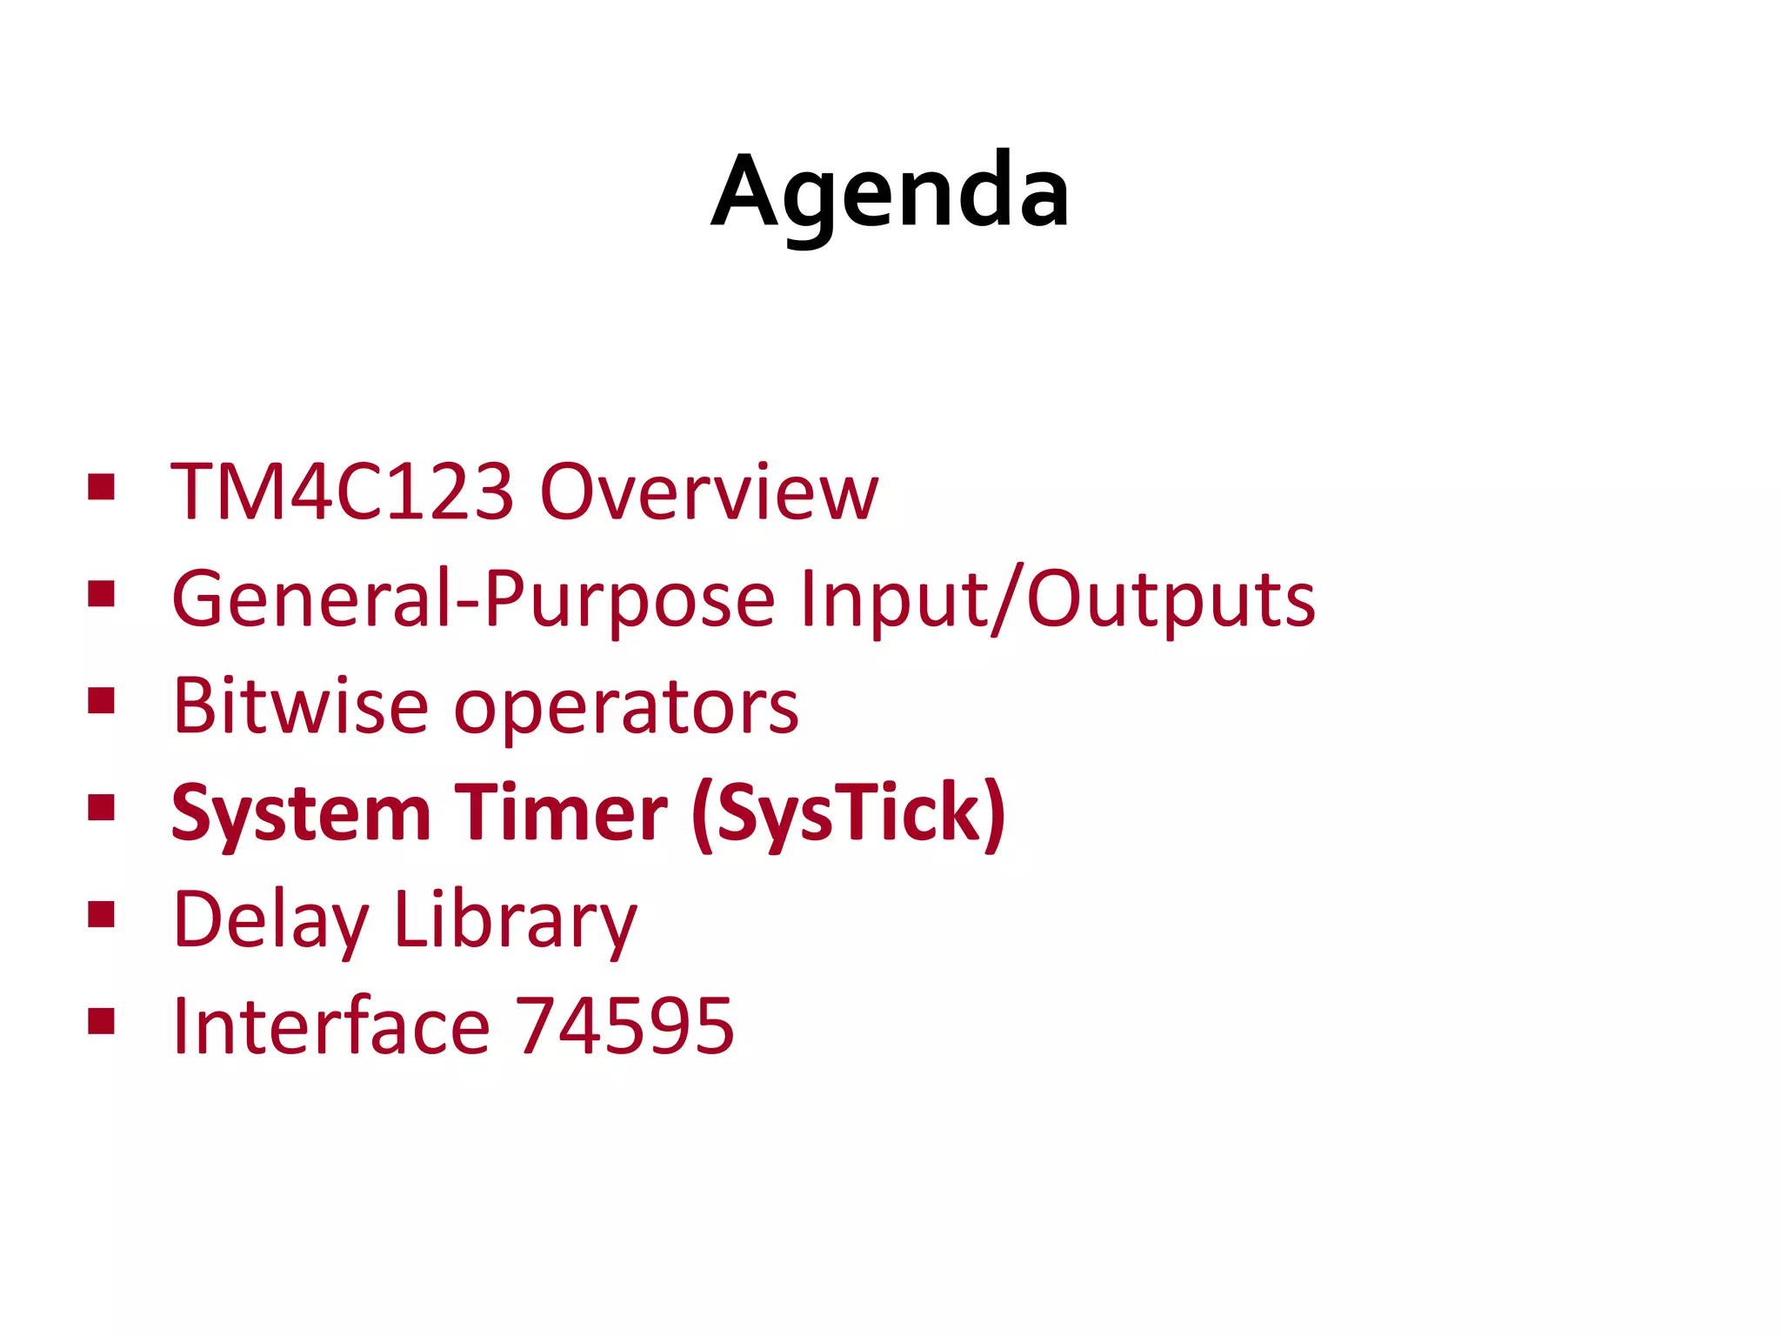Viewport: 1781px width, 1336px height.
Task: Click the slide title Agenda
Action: pyautogui.click(x=890, y=191)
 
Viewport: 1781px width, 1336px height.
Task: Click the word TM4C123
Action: pyautogui.click(x=342, y=492)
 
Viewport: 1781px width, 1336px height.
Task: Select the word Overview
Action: pyautogui.click(x=709, y=492)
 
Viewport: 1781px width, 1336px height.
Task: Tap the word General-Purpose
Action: pyautogui.click(x=473, y=599)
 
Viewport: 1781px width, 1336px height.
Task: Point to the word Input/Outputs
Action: pyautogui.click(x=1057, y=599)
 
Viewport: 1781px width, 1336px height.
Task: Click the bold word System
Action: pyautogui.click(x=301, y=814)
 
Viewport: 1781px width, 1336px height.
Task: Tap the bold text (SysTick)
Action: pyautogui.click(x=849, y=814)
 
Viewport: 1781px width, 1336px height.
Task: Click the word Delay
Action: pyautogui.click(x=270, y=921)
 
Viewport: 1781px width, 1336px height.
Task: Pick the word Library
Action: pyautogui.click(x=516, y=921)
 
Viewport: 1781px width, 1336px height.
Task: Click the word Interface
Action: pyautogui.click(x=331, y=1026)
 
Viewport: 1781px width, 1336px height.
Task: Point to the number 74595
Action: pyautogui.click(x=625, y=1026)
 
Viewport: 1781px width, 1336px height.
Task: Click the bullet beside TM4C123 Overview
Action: pyautogui.click(x=102, y=486)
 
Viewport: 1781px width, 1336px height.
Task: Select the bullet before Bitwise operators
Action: pyautogui.click(x=102, y=700)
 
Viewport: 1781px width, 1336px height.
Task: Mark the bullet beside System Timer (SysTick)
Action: pyautogui.click(x=102, y=807)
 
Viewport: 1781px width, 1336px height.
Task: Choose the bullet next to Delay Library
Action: pyautogui.click(x=102, y=914)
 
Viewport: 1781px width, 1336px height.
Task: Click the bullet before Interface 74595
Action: pyautogui.click(x=102, y=1021)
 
